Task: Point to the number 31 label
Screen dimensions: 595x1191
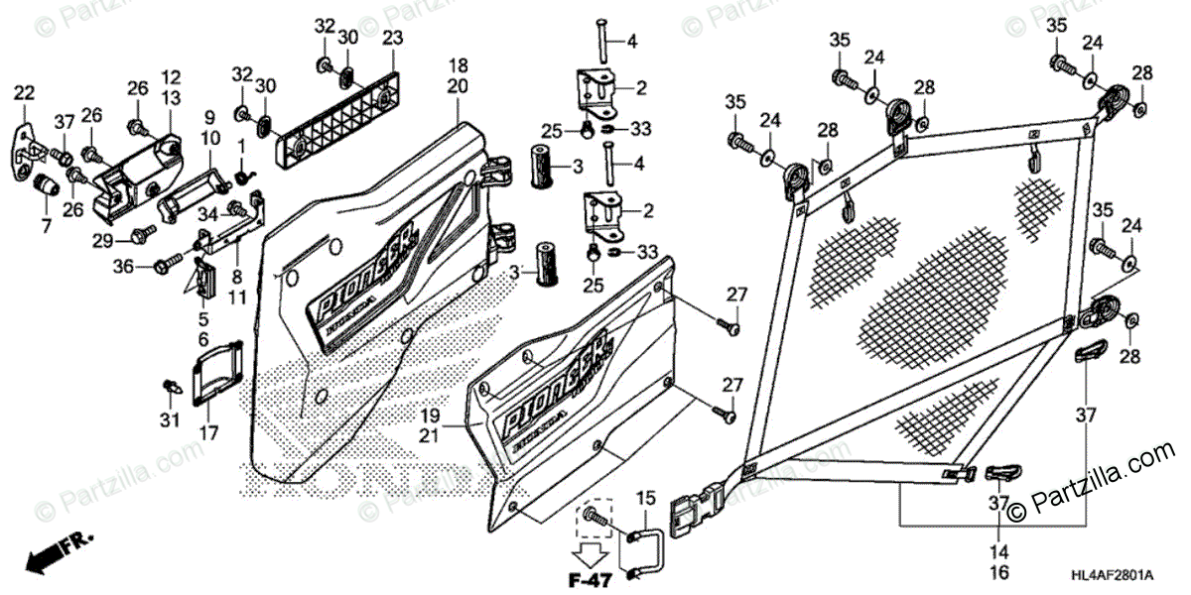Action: [170, 420]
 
